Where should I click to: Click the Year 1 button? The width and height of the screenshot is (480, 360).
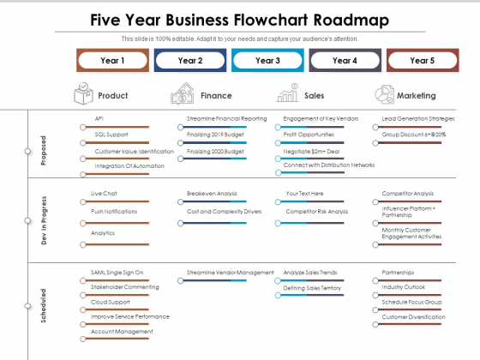point(112,60)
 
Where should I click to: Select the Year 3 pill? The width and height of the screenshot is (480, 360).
point(267,60)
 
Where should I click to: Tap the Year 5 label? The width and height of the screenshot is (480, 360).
point(423,60)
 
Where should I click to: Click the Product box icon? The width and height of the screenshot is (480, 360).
point(83,93)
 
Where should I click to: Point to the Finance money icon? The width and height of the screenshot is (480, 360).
point(183,93)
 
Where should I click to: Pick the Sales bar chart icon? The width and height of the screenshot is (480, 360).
point(287,93)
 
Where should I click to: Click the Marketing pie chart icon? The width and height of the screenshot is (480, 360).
point(384,94)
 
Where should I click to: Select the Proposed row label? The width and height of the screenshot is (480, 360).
point(44,151)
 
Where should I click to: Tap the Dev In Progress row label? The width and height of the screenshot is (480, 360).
point(44,220)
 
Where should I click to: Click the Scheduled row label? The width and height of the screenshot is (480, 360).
point(44,305)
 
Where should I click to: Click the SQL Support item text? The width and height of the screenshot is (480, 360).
point(111,135)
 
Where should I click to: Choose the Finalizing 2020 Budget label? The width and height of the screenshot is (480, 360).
point(215,151)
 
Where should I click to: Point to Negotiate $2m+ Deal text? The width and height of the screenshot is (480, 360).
point(311,151)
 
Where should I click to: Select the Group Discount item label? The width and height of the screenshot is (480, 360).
point(414,135)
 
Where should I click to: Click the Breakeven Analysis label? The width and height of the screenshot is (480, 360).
point(212,194)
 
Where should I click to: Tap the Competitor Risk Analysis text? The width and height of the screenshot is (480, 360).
point(317,212)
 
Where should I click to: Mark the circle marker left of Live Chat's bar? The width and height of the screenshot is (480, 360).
point(83,202)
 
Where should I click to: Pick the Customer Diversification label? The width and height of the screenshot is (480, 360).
point(413,317)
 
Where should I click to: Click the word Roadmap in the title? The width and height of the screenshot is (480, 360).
point(351,21)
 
